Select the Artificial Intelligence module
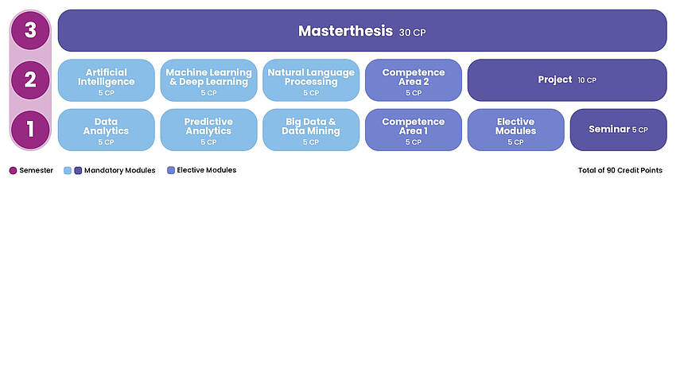(106, 80)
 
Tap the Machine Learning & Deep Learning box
(208, 80)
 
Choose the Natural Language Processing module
(311, 80)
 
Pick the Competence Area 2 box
(414, 80)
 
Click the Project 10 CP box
(567, 80)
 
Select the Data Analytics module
(106, 130)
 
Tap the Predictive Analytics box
(208, 130)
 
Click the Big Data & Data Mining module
(311, 130)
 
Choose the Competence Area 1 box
(414, 130)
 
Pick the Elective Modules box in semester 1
(515, 130)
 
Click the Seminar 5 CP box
(618, 130)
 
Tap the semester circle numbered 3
(30, 31)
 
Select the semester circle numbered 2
(30, 80)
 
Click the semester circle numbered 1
(30, 130)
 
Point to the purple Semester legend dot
(13, 170)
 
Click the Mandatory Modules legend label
(120, 170)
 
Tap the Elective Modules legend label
(206, 170)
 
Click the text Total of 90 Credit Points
(620, 170)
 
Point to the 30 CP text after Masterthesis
(413, 33)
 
